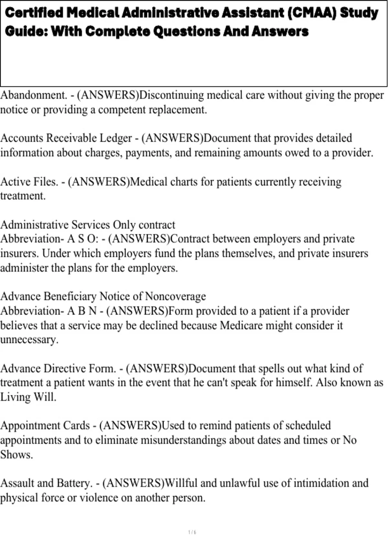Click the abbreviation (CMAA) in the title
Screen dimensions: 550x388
point(311,13)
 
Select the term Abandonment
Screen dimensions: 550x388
point(33,95)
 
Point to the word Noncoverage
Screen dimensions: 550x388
point(176,296)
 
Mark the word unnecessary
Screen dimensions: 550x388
point(29,340)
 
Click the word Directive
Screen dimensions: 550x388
point(64,368)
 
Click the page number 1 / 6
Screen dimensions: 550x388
point(192,532)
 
